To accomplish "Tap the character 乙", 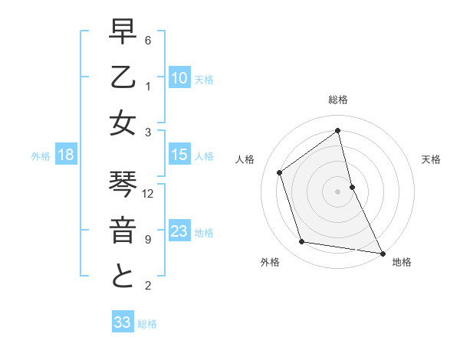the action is (x=123, y=78).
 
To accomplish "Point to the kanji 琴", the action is (x=123, y=186).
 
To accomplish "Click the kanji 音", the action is (x=123, y=231).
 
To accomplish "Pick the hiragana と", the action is (x=123, y=276).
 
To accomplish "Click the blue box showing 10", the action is (x=179, y=77).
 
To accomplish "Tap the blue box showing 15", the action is (x=179, y=155).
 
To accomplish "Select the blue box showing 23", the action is (x=179, y=231).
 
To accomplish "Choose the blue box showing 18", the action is (x=66, y=155).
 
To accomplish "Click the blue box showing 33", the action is (x=123, y=322).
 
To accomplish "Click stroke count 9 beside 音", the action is (x=148, y=239).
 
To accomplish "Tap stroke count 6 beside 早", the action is (x=148, y=40).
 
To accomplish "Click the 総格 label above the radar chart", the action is (x=338, y=100).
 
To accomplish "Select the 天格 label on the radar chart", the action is (x=431, y=159).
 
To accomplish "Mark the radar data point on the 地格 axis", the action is (x=381, y=252).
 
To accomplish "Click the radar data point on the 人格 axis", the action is (x=279, y=172).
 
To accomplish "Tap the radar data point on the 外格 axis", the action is (x=301, y=242).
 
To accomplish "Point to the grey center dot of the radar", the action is (x=338, y=191).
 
